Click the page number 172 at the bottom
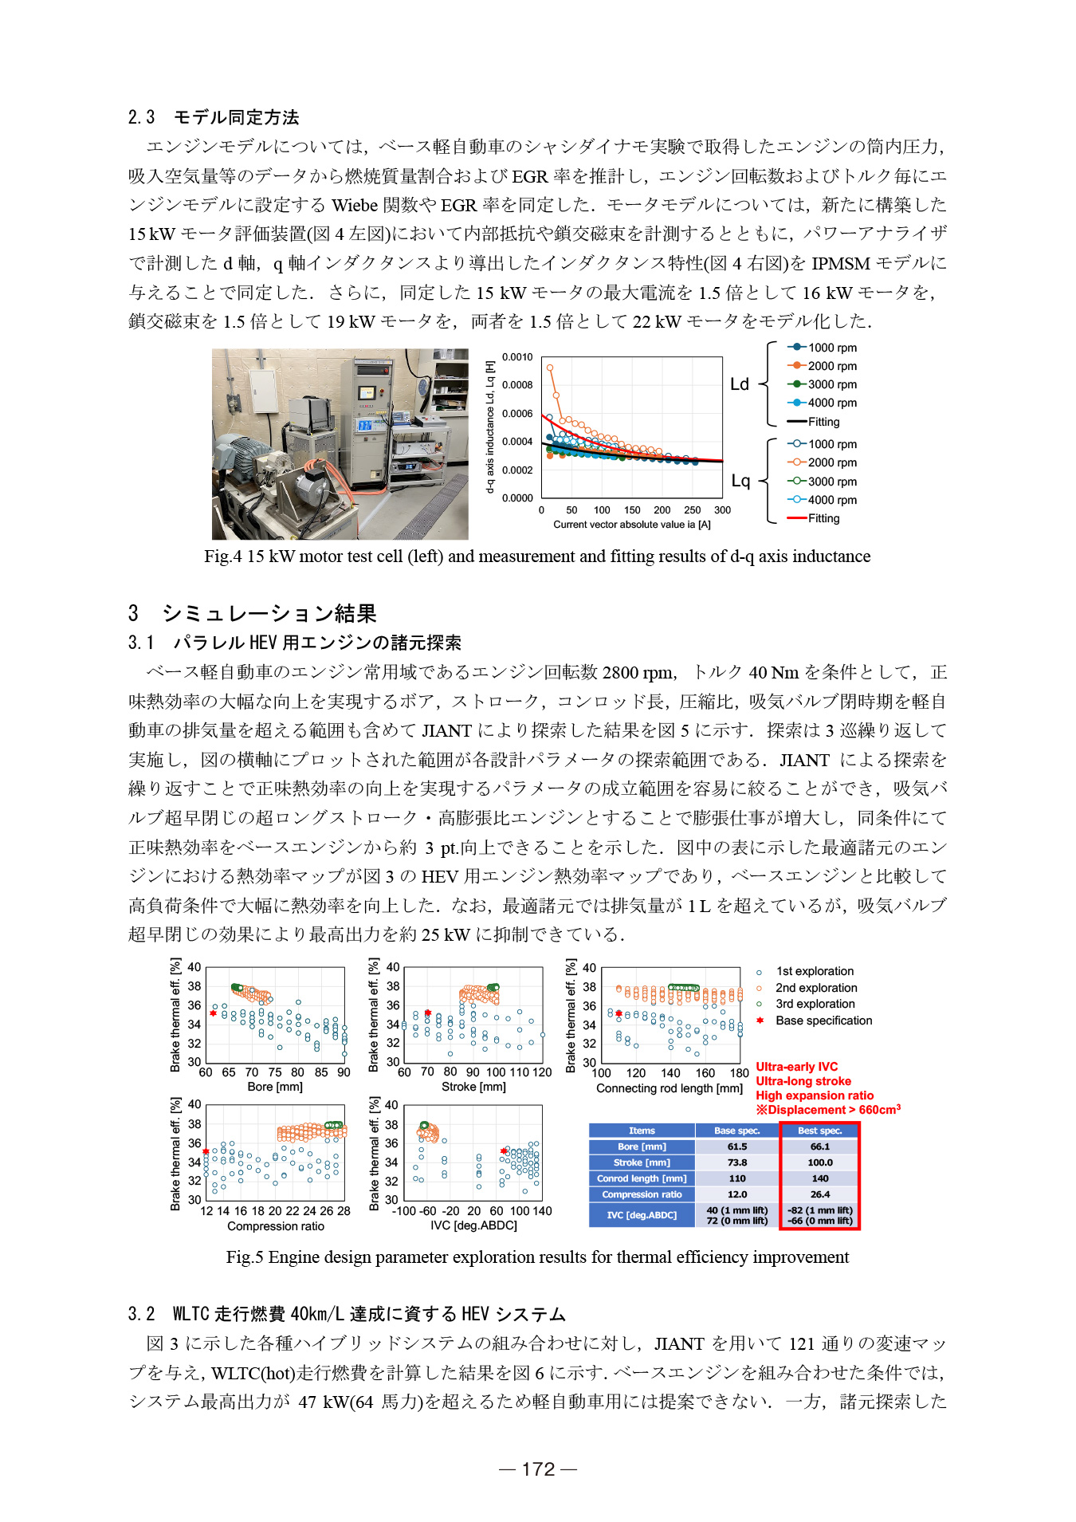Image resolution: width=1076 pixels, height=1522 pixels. (x=538, y=1469)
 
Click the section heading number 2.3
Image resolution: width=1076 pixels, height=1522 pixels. (x=141, y=117)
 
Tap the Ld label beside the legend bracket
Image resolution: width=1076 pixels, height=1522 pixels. (x=739, y=384)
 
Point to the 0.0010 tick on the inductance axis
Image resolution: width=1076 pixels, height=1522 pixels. (x=517, y=357)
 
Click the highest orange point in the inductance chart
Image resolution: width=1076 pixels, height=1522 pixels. (x=550, y=368)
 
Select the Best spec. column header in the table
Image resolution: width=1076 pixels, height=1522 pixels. (x=819, y=1131)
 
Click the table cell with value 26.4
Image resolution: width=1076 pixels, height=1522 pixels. (x=819, y=1194)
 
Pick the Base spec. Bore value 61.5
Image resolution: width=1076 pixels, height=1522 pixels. (x=737, y=1146)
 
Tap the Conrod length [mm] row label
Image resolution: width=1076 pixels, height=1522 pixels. (x=642, y=1178)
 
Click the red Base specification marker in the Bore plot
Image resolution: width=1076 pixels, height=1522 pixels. (x=213, y=1013)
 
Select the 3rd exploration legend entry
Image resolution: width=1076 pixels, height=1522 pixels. (x=815, y=1004)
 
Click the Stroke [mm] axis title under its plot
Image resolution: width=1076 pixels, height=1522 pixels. (x=473, y=1087)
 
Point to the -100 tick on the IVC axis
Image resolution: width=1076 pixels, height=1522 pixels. (x=404, y=1211)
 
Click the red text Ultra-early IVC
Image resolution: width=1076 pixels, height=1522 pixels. (x=796, y=1067)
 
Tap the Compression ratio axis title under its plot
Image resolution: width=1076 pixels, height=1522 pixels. (x=275, y=1226)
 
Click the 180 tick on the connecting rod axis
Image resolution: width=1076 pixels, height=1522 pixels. (x=739, y=1073)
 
